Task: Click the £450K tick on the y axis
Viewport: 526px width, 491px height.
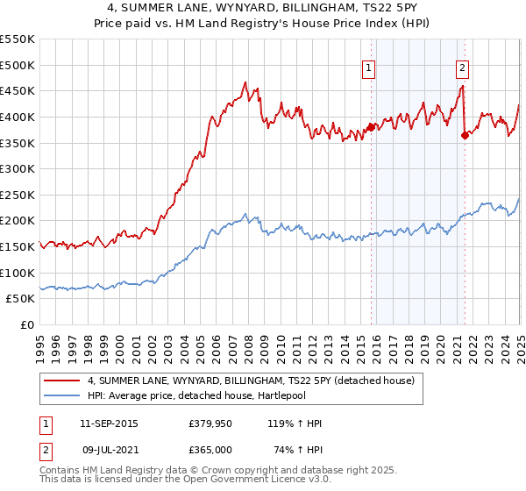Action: pos(18,91)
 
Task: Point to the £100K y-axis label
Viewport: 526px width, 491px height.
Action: pos(18,274)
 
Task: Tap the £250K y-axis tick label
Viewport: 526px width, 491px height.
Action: pos(18,196)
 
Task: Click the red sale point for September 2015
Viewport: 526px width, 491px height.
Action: pos(371,127)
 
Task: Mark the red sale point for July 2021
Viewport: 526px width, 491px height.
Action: pos(464,135)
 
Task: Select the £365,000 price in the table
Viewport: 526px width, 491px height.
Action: pos(210,448)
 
